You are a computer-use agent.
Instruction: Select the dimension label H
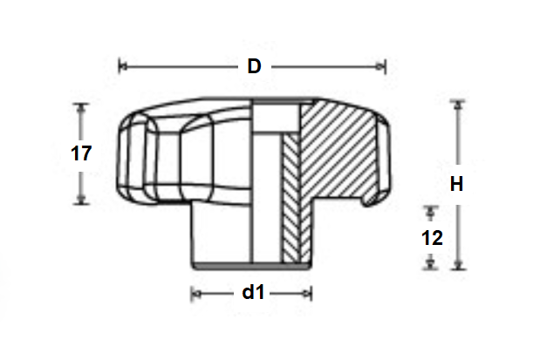(456, 184)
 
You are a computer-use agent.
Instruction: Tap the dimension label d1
(252, 293)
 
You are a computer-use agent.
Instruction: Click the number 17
(81, 154)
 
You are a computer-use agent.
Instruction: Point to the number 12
(430, 237)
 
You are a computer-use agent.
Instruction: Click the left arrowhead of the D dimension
(122, 65)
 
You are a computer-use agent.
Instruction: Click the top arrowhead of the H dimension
(456, 106)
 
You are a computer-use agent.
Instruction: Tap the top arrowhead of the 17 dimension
(82, 108)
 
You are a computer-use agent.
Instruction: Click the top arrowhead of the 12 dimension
(429, 212)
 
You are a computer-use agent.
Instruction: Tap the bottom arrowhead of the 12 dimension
(429, 262)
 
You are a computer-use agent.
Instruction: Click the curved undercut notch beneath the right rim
(373, 201)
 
